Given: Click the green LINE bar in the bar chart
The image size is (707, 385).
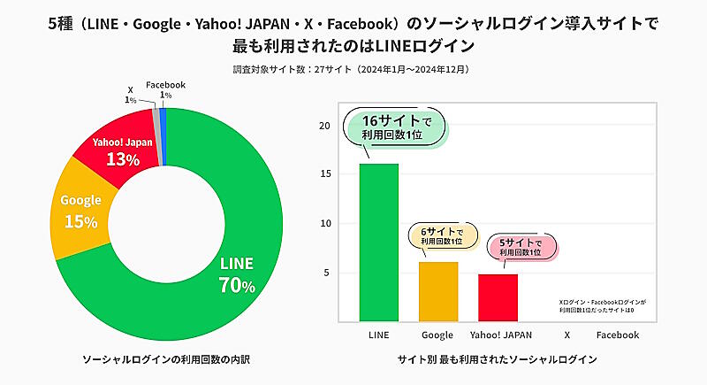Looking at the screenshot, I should tap(378, 241).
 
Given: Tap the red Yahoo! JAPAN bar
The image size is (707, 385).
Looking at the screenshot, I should tap(498, 296).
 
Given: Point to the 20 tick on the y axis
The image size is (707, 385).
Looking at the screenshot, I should tap(323, 126).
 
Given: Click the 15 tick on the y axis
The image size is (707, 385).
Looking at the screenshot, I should tap(323, 174).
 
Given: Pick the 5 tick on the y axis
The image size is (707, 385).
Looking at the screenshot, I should tap(326, 273).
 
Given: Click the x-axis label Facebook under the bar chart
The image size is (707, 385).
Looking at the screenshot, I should tap(617, 335).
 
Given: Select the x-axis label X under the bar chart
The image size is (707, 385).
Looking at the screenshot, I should tap(566, 335).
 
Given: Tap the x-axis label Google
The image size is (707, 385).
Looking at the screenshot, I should tap(437, 335).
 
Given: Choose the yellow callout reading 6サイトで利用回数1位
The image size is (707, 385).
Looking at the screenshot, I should tap(441, 236).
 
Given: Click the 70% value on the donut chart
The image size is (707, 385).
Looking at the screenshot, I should tap(237, 285).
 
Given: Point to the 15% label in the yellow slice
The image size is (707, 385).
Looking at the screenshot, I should tap(80, 221).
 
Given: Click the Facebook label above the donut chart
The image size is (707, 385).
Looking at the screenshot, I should tap(165, 84).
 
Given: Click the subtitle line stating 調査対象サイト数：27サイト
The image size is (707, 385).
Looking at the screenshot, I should tap(352, 68).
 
